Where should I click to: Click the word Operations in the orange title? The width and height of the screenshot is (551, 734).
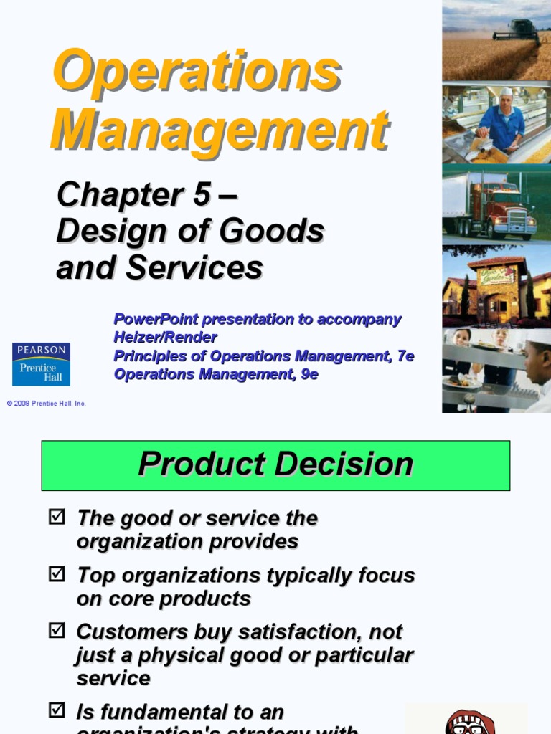point(196,71)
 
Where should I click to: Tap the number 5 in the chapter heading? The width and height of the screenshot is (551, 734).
point(202,194)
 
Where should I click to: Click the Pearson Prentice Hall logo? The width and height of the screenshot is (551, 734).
point(41,363)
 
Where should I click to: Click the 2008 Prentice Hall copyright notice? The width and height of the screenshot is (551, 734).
point(46,404)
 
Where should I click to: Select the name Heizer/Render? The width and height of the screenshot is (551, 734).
point(165,337)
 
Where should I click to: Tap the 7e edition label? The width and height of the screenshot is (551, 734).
point(405,356)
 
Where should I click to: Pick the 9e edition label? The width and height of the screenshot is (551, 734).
point(309,374)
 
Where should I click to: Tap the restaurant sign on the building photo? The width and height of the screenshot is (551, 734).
point(496,275)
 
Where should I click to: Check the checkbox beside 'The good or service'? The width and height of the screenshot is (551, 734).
point(57,516)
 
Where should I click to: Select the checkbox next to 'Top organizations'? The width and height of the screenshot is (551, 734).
point(57,573)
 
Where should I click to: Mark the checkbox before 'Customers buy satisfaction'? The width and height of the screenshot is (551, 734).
point(57,630)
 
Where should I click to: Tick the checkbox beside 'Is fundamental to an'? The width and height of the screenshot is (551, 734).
point(57,710)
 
